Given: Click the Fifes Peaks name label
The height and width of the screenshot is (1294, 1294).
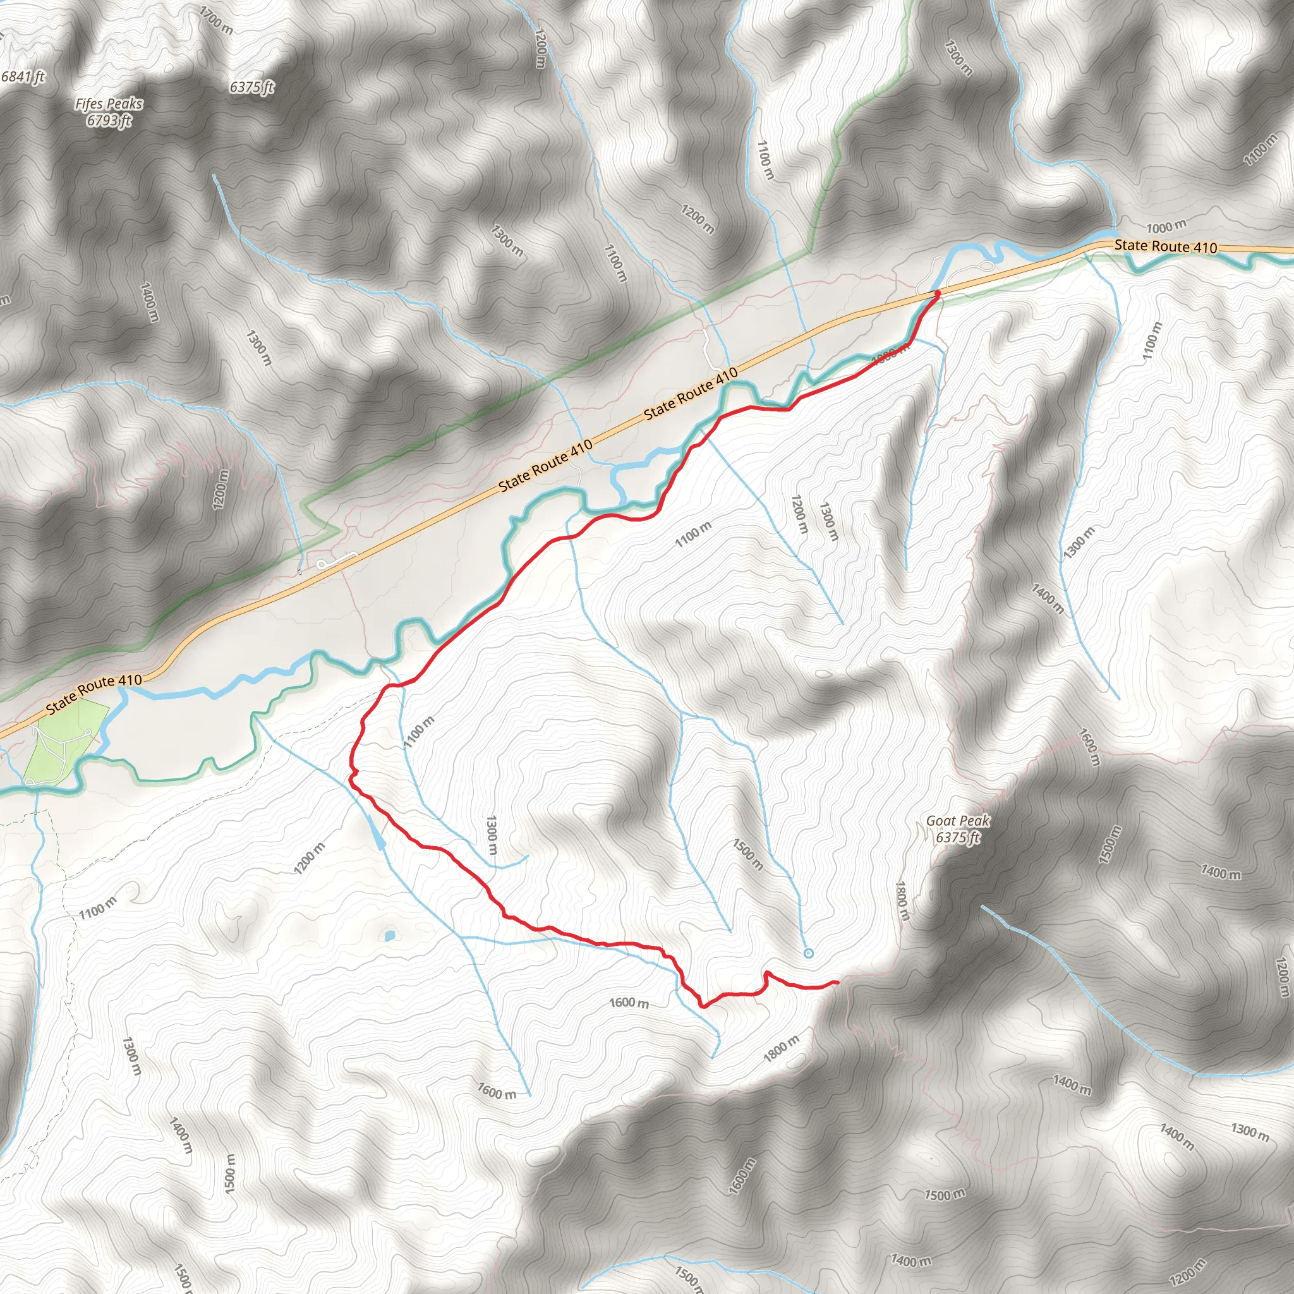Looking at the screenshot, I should click(x=109, y=104).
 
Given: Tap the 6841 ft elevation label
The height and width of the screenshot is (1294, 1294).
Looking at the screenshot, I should click(x=23, y=76).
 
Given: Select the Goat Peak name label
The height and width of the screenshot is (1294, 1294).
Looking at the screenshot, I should click(x=957, y=821).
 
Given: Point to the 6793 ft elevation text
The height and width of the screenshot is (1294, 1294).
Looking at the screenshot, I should click(x=109, y=121).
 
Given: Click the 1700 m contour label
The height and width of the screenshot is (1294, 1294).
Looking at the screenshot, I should click(x=216, y=20).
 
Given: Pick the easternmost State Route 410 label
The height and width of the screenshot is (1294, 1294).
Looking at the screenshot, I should click(x=1165, y=246).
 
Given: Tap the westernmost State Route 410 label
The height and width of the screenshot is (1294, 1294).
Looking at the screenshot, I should click(x=94, y=694).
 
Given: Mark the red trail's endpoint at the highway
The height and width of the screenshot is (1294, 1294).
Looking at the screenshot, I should click(x=937, y=293).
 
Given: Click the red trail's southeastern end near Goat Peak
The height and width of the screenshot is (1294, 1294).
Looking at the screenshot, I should click(x=837, y=983).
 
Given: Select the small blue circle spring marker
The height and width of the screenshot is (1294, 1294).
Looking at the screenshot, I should click(x=807, y=953).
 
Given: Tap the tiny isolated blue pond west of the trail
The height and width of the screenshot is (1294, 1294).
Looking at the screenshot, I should click(x=389, y=935).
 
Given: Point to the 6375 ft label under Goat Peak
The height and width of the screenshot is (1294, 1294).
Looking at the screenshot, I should click(x=957, y=838).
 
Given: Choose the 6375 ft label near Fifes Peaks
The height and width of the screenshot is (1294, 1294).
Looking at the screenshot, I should click(x=252, y=87).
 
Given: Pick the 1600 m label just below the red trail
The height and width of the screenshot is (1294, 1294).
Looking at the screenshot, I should click(x=628, y=1003).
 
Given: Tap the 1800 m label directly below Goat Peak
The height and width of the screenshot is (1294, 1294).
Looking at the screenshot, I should click(x=902, y=900).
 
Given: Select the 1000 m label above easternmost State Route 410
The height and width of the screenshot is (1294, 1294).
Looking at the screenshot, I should click(x=1166, y=227).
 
